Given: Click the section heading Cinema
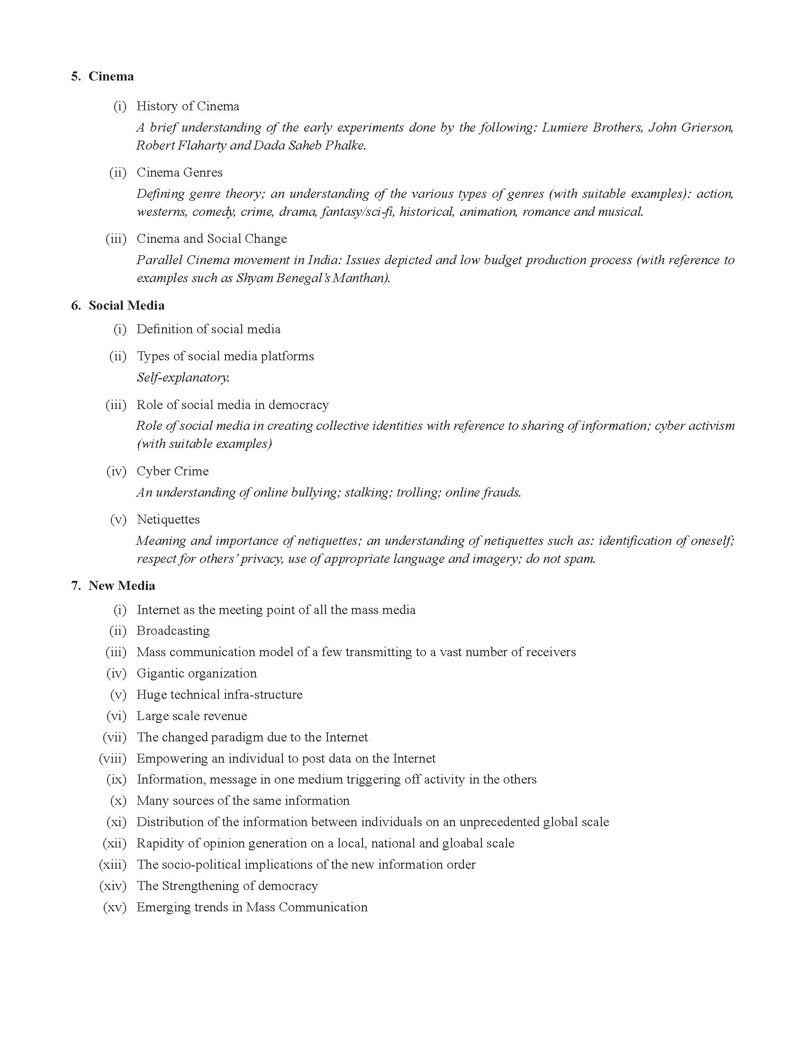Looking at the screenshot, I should coord(111,76).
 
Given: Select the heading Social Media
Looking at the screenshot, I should coord(127,305).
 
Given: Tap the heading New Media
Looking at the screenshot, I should coord(122,586).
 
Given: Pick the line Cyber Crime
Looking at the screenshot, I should coord(172,471).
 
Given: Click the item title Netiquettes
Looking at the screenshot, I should coord(168,519).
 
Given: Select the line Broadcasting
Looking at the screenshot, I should coord(173,631).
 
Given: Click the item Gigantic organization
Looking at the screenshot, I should coord(196,673).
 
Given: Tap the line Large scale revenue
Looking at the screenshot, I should coord(191,716).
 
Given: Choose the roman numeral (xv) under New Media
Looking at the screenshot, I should coord(115,907).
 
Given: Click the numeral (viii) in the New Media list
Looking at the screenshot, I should coord(113,758).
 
